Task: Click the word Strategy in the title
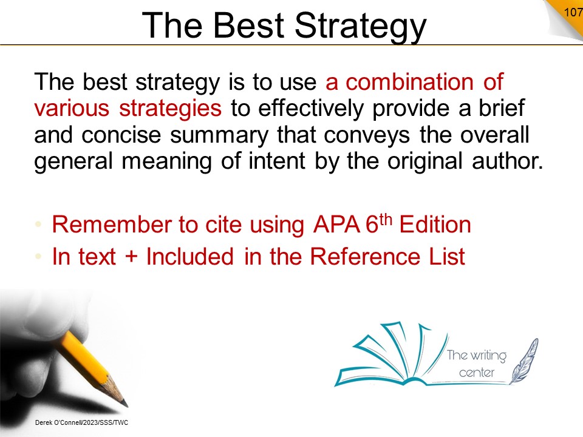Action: pyautogui.click(x=360, y=25)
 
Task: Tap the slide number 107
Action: pyautogui.click(x=573, y=12)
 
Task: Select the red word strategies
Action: pyautogui.click(x=170, y=109)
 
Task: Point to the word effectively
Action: pyautogui.click(x=311, y=108)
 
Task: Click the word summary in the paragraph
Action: pyautogui.click(x=219, y=135)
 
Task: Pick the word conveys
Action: pyautogui.click(x=367, y=135)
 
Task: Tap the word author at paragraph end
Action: pyautogui.click(x=508, y=161)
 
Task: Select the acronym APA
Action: pyautogui.click(x=336, y=225)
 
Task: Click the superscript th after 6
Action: pyautogui.click(x=386, y=220)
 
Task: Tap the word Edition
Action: pyautogui.click(x=435, y=225)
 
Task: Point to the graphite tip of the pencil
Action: pyautogui.click(x=125, y=404)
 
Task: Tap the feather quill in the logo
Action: pyautogui.click(x=524, y=361)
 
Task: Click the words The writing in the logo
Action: pyautogui.click(x=476, y=355)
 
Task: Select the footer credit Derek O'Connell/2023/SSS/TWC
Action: pyautogui.click(x=81, y=422)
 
